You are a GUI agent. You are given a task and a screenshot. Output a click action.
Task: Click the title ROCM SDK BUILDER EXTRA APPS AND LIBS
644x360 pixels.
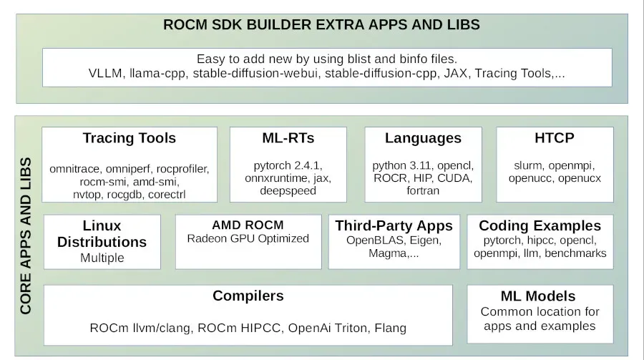click(x=321, y=24)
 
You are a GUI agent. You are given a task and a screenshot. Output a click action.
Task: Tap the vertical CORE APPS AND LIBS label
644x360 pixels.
click(x=26, y=236)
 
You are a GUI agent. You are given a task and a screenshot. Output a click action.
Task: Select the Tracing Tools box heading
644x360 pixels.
click(x=129, y=138)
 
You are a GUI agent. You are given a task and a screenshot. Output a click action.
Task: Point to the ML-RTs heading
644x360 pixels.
click(x=288, y=138)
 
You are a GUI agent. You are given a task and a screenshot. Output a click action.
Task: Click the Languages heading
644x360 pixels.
click(x=423, y=139)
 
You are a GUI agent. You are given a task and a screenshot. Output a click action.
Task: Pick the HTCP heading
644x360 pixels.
click(x=555, y=138)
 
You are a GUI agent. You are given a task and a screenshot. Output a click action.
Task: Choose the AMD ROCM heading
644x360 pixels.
click(x=248, y=225)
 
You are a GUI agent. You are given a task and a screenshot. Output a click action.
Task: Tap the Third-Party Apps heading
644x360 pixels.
click(x=394, y=226)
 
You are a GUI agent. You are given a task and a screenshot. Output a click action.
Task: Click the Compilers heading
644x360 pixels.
click(x=248, y=296)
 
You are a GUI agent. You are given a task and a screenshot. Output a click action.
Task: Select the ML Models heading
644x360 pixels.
click(x=538, y=296)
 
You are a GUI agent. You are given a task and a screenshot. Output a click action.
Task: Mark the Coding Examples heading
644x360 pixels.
click(x=540, y=226)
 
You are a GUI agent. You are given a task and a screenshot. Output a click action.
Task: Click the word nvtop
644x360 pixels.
click(x=87, y=195)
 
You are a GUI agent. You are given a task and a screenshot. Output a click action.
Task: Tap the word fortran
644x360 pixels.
click(x=423, y=190)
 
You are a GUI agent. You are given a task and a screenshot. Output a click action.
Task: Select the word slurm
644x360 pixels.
click(x=529, y=165)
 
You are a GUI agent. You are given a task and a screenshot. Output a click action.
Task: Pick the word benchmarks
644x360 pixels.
click(x=575, y=253)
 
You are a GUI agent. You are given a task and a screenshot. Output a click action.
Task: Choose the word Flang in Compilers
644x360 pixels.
click(x=390, y=328)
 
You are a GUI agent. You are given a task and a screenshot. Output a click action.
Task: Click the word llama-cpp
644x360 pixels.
click(x=157, y=74)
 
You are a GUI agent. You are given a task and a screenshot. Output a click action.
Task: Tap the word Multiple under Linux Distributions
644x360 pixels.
click(x=102, y=258)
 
